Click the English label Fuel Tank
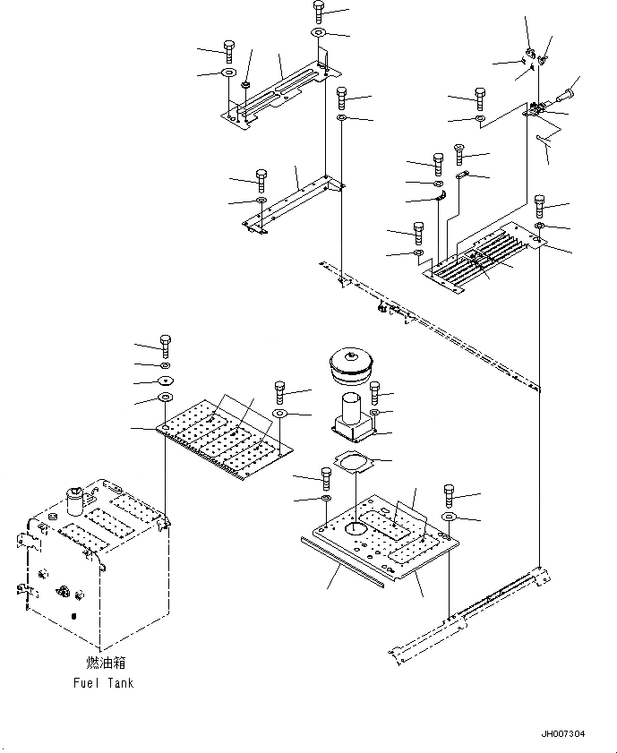(x=104, y=683)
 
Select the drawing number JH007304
(x=563, y=734)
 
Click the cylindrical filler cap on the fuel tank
(x=74, y=498)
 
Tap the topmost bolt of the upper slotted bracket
(x=319, y=12)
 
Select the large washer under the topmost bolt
(x=319, y=34)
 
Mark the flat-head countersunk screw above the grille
(x=460, y=150)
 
